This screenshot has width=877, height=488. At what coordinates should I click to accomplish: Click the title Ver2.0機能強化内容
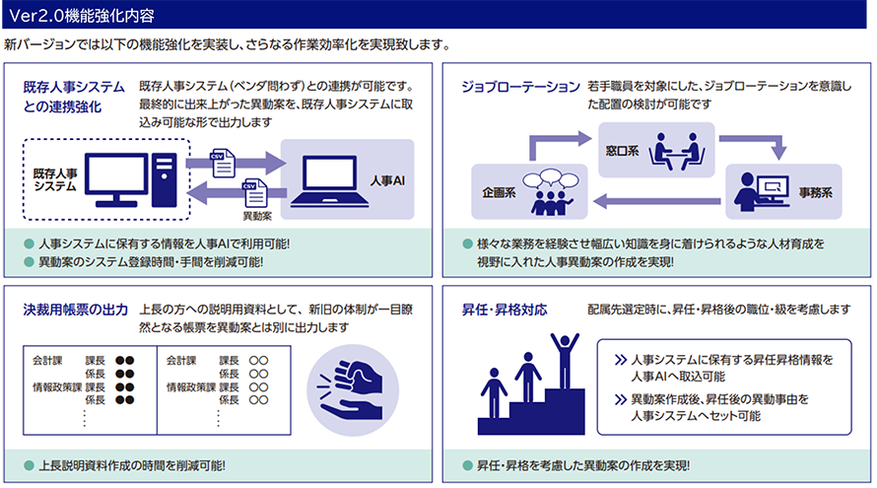tap(82, 16)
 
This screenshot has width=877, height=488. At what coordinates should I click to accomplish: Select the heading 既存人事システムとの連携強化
tap(74, 97)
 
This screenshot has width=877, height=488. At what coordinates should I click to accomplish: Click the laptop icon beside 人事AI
tap(329, 181)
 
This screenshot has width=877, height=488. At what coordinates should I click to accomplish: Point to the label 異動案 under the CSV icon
tap(257, 216)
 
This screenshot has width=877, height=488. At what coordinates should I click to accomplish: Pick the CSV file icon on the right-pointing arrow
tap(223, 164)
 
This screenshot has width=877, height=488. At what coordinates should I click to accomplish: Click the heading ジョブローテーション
tap(520, 87)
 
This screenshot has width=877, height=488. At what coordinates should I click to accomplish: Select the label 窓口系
tap(622, 151)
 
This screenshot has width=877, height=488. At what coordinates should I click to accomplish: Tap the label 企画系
tap(499, 192)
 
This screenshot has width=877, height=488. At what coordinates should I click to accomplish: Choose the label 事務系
tap(816, 192)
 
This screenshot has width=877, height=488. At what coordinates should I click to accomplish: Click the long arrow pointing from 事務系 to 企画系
tap(656, 201)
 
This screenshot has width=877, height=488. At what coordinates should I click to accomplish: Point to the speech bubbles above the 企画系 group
tap(551, 179)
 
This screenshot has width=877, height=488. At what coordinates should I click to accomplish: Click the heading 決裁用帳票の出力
tap(76, 310)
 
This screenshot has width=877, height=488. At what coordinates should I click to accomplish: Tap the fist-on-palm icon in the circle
tap(352, 389)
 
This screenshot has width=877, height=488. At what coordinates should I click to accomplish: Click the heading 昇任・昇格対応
tap(505, 310)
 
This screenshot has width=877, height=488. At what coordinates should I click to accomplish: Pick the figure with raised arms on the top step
tap(565, 361)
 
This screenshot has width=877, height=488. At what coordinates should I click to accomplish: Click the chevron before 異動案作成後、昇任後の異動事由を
tap(620, 399)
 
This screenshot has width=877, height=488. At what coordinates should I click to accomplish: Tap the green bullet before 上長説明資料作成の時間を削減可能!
tap(30, 465)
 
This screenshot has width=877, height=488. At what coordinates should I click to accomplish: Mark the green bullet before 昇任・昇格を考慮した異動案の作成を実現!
tap(468, 465)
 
